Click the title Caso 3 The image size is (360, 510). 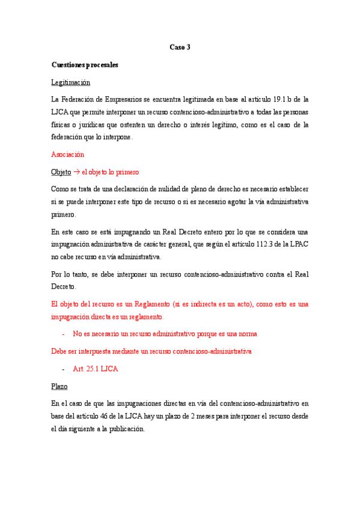pos(180,47)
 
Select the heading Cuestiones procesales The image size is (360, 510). pos(85,64)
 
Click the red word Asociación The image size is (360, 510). pos(67,155)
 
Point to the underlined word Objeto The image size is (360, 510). pos(61,171)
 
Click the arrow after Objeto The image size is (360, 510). pos(77,171)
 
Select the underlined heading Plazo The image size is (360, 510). pos(59,386)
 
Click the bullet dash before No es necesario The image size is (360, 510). pos(63,333)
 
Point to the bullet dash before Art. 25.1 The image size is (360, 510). pos(63,369)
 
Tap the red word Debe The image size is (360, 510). pos(61,351)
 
